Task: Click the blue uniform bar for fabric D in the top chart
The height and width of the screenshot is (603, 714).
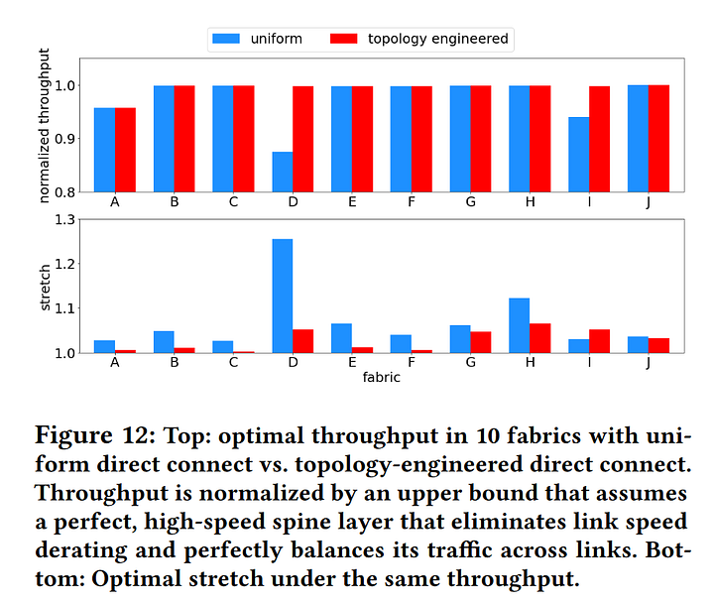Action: point(283,172)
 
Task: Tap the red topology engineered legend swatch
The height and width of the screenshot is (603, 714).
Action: point(344,40)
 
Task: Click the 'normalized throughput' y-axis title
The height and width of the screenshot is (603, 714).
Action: point(44,125)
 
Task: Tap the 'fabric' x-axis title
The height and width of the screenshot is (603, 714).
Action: point(382,378)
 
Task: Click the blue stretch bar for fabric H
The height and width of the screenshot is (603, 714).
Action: point(519,325)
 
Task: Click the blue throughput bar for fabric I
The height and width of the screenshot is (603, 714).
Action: point(578,154)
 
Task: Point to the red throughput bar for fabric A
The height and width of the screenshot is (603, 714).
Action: point(125,149)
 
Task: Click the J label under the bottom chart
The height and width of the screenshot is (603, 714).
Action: point(648,363)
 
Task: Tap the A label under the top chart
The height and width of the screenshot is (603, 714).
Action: point(115,202)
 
